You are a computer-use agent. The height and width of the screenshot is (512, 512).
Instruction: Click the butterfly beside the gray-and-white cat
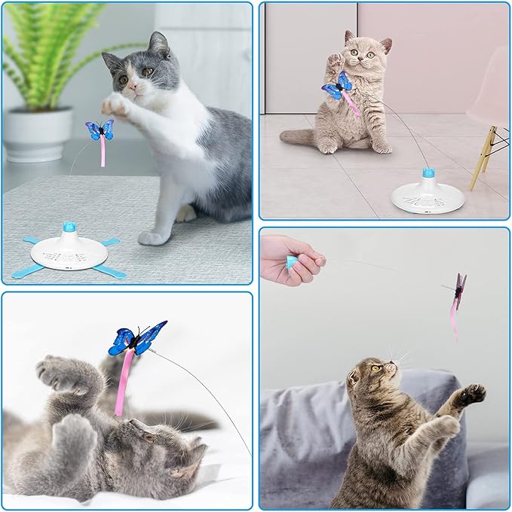[100, 130]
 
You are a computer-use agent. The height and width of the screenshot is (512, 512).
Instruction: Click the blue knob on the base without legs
[428, 173]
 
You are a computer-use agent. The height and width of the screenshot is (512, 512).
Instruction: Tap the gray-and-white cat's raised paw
[114, 102]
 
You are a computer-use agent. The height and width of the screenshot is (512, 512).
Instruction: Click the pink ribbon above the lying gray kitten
[122, 381]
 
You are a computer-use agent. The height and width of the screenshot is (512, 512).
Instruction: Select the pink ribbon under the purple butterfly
[454, 319]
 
